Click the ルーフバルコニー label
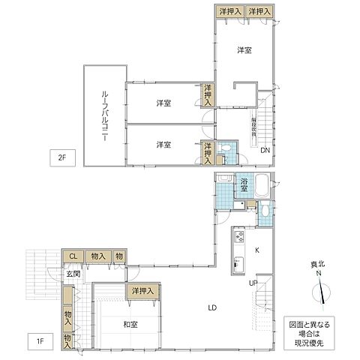pos(105,116)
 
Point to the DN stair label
pos(265,150)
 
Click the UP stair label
pos(254,283)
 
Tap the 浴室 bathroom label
pos(244,182)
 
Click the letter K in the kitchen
pos(257,250)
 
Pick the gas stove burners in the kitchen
pos(238,239)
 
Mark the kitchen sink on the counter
pos(238,264)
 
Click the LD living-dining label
pos(213,307)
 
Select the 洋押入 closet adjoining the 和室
pos(142,290)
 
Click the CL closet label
pos(73,256)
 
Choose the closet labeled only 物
pos(119,256)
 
